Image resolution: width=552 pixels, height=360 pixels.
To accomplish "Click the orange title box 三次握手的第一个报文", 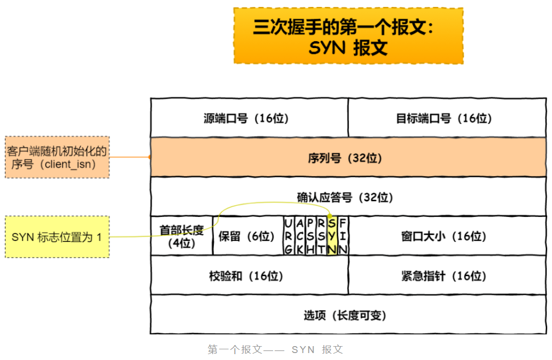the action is click(348, 36).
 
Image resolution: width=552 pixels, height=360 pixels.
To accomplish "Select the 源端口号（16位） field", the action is click(249, 118).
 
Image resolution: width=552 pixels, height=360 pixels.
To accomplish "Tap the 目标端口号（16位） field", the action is click(447, 118).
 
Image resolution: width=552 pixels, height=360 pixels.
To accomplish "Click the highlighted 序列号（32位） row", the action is click(348, 158).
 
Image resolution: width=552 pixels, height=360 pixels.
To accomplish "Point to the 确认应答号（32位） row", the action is click(348, 197).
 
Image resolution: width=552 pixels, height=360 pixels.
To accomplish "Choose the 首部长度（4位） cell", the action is click(182, 236).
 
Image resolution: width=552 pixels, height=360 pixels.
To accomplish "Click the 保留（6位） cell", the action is click(247, 236).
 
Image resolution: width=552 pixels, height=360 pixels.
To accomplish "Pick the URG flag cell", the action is click(289, 236).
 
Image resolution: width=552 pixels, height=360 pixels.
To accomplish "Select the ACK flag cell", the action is click(300, 236).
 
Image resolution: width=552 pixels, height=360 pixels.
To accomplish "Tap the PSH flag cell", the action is click(310, 236).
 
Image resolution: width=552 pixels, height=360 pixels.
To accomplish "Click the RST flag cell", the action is click(321, 236).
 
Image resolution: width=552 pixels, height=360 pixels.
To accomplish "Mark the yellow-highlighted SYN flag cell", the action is click(332, 236).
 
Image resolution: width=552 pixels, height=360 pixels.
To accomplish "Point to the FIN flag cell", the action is click(343, 236).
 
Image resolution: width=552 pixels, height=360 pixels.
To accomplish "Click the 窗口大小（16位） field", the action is click(447, 236).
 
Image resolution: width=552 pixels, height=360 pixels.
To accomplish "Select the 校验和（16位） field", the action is click(249, 276).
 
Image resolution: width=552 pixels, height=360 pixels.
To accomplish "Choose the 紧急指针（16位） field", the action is click(447, 276).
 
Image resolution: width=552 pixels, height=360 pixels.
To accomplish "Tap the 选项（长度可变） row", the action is click(348, 315).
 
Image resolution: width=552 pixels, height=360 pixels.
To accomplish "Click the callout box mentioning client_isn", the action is click(57, 158).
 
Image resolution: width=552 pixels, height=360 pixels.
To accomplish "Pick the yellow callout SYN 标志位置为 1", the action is click(57, 237).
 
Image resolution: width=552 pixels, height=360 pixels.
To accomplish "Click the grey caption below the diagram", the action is click(275, 350).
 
